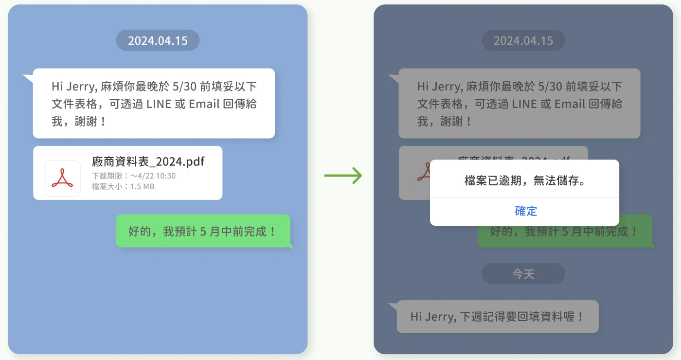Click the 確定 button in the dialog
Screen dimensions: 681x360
[525, 211]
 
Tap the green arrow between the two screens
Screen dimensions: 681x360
[343, 176]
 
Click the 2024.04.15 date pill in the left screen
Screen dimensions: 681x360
[158, 40]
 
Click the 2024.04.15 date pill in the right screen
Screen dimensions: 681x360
[523, 40]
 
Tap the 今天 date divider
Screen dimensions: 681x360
[523, 274]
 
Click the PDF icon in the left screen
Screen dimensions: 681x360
[62, 178]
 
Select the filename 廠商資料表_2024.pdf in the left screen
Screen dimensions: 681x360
[148, 162]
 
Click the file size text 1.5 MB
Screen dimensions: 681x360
[142, 186]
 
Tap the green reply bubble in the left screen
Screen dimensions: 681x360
[203, 231]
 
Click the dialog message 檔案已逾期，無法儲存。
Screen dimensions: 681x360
[524, 181]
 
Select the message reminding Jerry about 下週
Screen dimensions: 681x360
[497, 317]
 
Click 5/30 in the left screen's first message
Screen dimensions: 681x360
[184, 87]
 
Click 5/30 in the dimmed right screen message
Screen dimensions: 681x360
[550, 87]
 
